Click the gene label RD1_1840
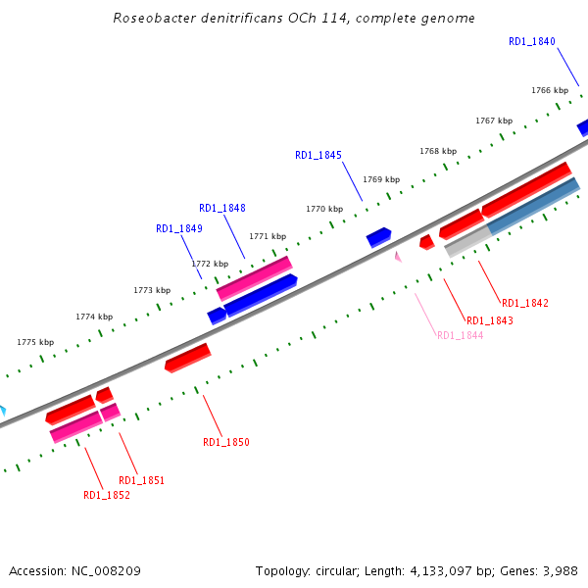click(x=532, y=41)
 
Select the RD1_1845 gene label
click(x=318, y=155)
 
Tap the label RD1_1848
click(x=222, y=208)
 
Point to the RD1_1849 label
click(x=179, y=228)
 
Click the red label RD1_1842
click(x=525, y=303)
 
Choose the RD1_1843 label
click(x=490, y=320)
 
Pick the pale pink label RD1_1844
click(x=460, y=335)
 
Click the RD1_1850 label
click(x=226, y=442)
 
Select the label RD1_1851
click(x=141, y=480)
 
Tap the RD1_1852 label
click(x=107, y=495)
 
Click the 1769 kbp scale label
click(x=381, y=179)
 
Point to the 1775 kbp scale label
click(x=35, y=342)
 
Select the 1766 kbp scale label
click(x=550, y=90)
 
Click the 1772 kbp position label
click(x=210, y=264)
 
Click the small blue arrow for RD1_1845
click(x=378, y=237)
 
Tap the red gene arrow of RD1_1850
click(x=187, y=358)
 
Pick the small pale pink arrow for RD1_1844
click(x=398, y=257)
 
